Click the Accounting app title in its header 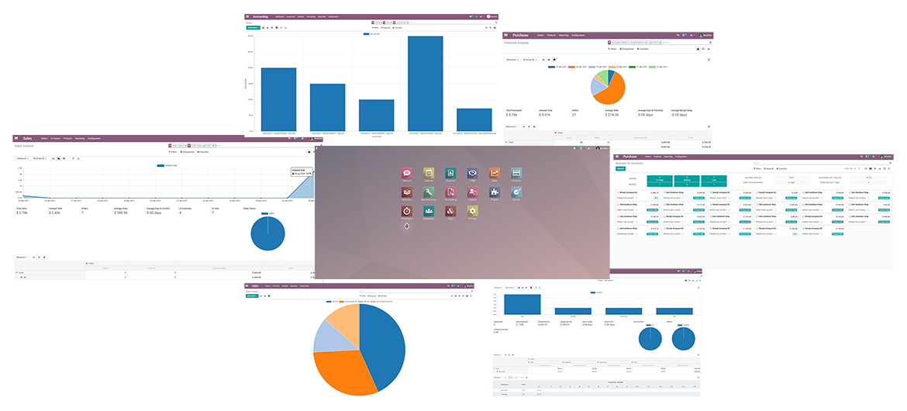pos(260,16)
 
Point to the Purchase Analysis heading pos(517,43)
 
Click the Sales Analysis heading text pos(25,145)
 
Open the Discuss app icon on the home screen pos(407,174)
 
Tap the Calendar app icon pos(429,174)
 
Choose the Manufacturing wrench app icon pos(429,192)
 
